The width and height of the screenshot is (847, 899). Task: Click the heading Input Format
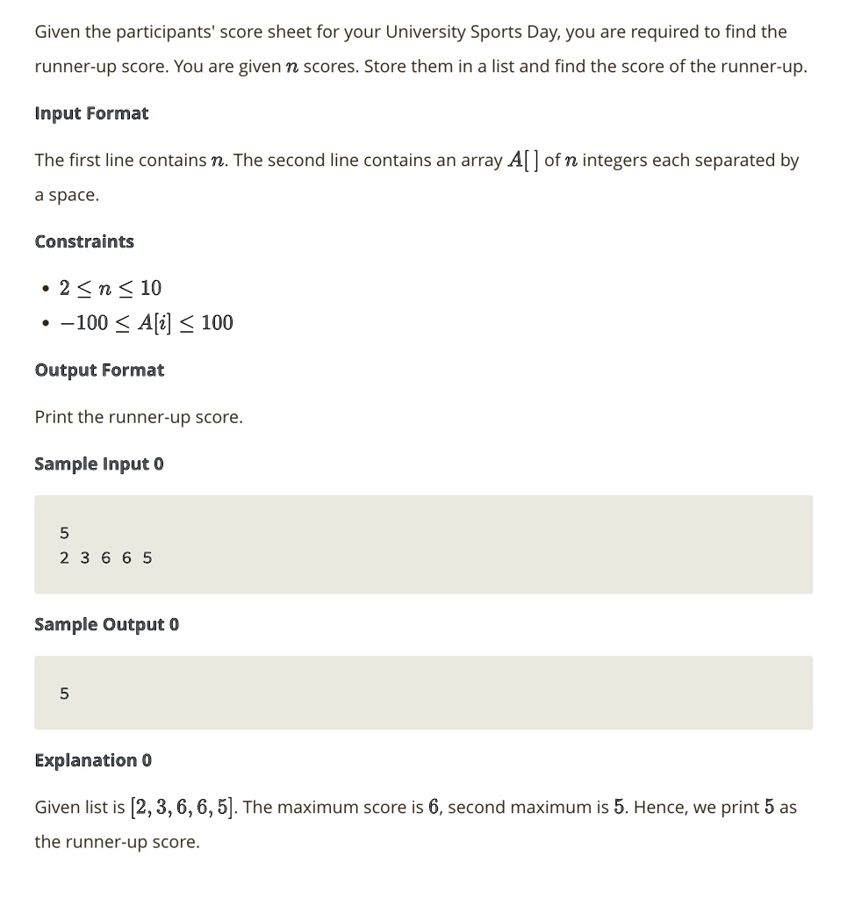pos(91,113)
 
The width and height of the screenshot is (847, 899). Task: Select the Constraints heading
pos(84,241)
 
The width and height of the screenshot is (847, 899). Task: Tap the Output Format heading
pos(99,370)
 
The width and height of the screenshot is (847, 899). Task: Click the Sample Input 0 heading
pos(99,464)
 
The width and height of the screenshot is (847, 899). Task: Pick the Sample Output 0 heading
pos(106,624)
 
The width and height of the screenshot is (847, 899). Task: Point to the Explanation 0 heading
pos(93,759)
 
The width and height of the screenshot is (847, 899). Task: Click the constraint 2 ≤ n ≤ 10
pos(111,288)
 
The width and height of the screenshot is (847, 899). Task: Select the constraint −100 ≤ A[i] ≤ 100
pos(147,323)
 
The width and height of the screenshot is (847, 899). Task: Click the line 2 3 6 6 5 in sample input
pos(106,557)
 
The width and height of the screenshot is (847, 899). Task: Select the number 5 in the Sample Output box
pos(64,694)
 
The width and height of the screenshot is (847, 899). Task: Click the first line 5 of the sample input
pos(64,533)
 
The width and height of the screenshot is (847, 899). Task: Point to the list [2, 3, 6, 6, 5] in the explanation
pos(183,807)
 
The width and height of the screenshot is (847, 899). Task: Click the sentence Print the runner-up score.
pos(139,417)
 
